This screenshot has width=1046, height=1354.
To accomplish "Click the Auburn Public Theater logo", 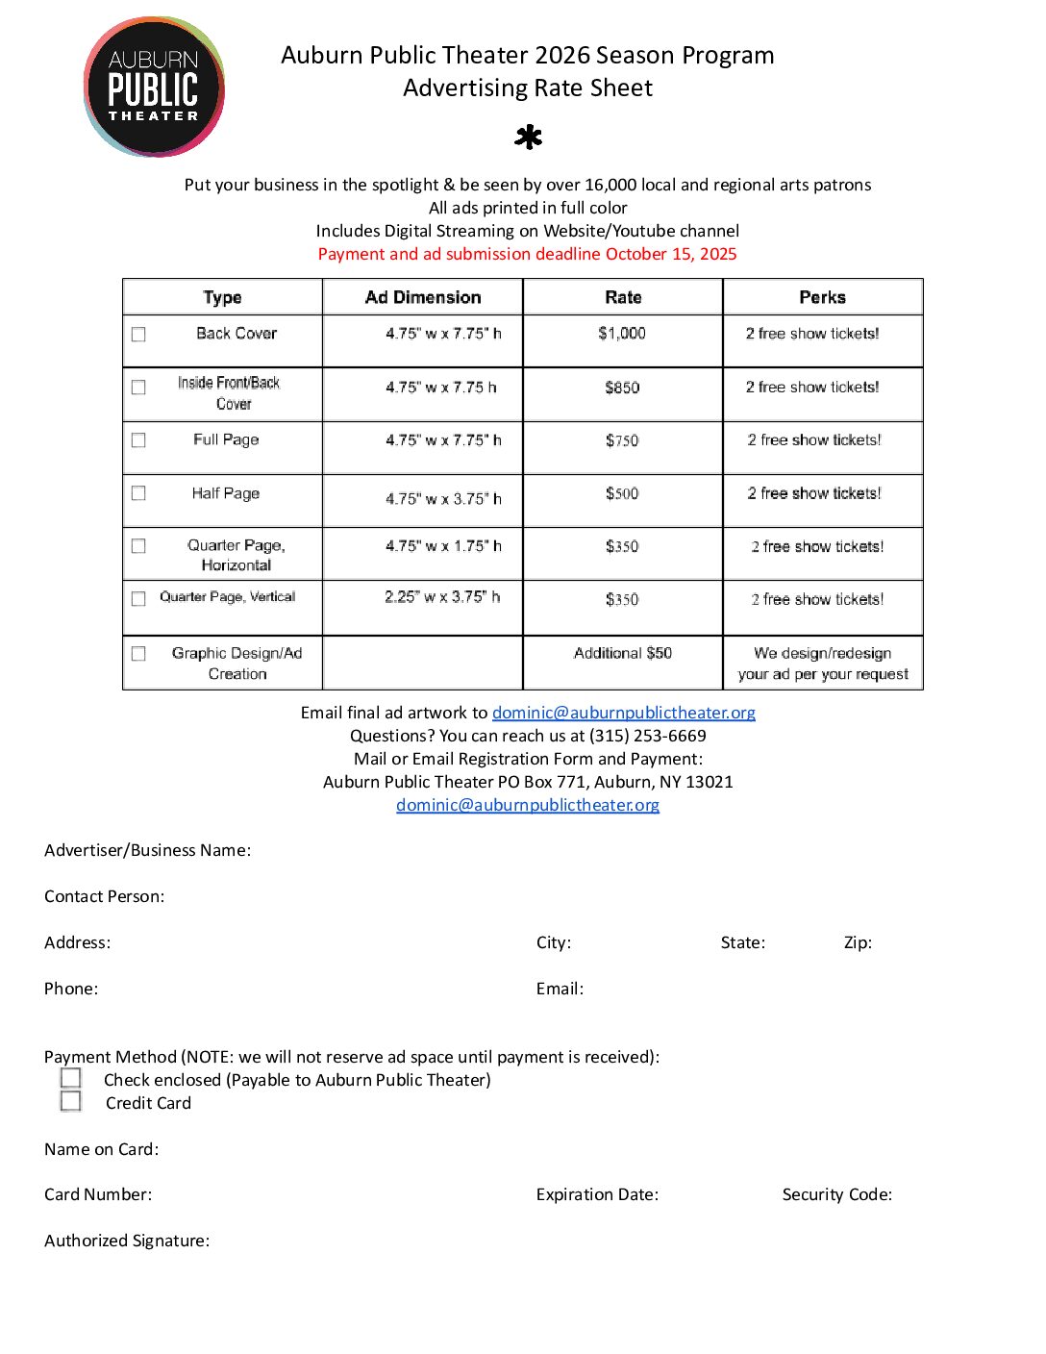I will pyautogui.click(x=154, y=87).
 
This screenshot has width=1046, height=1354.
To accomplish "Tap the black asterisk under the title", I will pyautogui.click(x=528, y=138).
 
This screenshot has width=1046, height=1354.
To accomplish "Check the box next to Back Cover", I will pyautogui.click(x=138, y=335).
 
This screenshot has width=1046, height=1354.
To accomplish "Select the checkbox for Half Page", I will pyautogui.click(x=138, y=493).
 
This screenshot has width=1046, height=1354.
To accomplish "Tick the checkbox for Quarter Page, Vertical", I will pyautogui.click(x=138, y=598).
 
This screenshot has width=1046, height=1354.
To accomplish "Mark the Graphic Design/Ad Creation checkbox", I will pyautogui.click(x=138, y=654).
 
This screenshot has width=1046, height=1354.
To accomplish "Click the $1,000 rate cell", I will pyautogui.click(x=622, y=334).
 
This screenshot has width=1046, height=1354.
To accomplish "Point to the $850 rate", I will pyautogui.click(x=622, y=388).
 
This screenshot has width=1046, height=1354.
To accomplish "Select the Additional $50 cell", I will pyautogui.click(x=622, y=653).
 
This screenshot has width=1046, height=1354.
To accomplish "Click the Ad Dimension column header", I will pyautogui.click(x=423, y=297).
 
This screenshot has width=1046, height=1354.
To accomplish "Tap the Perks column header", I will pyautogui.click(x=822, y=297).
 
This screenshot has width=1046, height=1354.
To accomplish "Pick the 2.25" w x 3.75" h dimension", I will pyautogui.click(x=442, y=597).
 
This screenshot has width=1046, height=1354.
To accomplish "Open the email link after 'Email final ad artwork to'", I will pyautogui.click(x=623, y=713).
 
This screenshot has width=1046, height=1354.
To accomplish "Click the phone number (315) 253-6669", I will pyautogui.click(x=647, y=736).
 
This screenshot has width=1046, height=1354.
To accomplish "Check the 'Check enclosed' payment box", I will pyautogui.click(x=71, y=1078).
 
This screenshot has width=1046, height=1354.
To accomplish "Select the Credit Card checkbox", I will pyautogui.click(x=71, y=1101).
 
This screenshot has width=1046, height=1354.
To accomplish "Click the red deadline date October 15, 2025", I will pyautogui.click(x=671, y=254).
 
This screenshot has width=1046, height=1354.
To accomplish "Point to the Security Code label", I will pyautogui.click(x=836, y=1194).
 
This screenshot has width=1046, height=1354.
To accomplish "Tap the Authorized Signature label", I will pyautogui.click(x=127, y=1241).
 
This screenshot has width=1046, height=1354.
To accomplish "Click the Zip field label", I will pyautogui.click(x=858, y=942).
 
